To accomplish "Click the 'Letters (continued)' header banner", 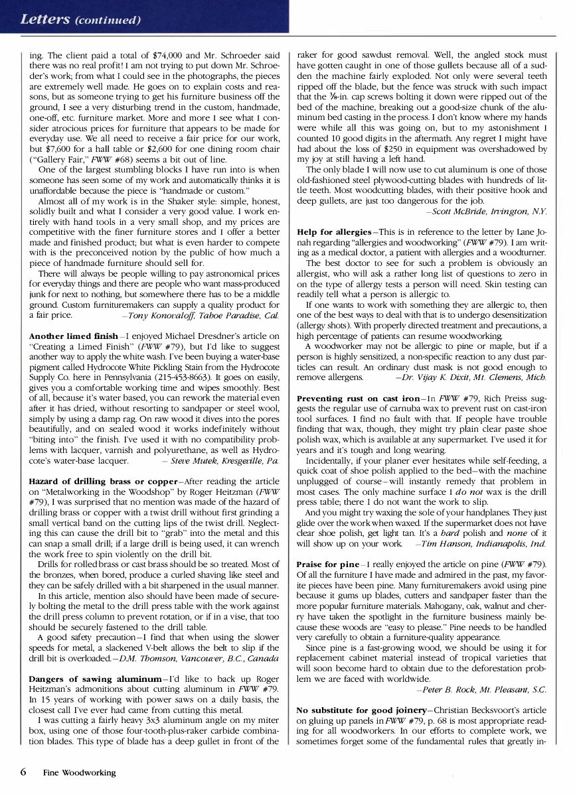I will pyautogui.click(x=81, y=19).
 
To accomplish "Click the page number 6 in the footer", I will pyautogui.click(x=23, y=772).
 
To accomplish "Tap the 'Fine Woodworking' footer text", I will pyautogui.click(x=79, y=773).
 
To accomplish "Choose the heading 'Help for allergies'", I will pyautogui.click(x=334, y=232).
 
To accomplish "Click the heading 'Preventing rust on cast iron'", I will pyautogui.click(x=359, y=398).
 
